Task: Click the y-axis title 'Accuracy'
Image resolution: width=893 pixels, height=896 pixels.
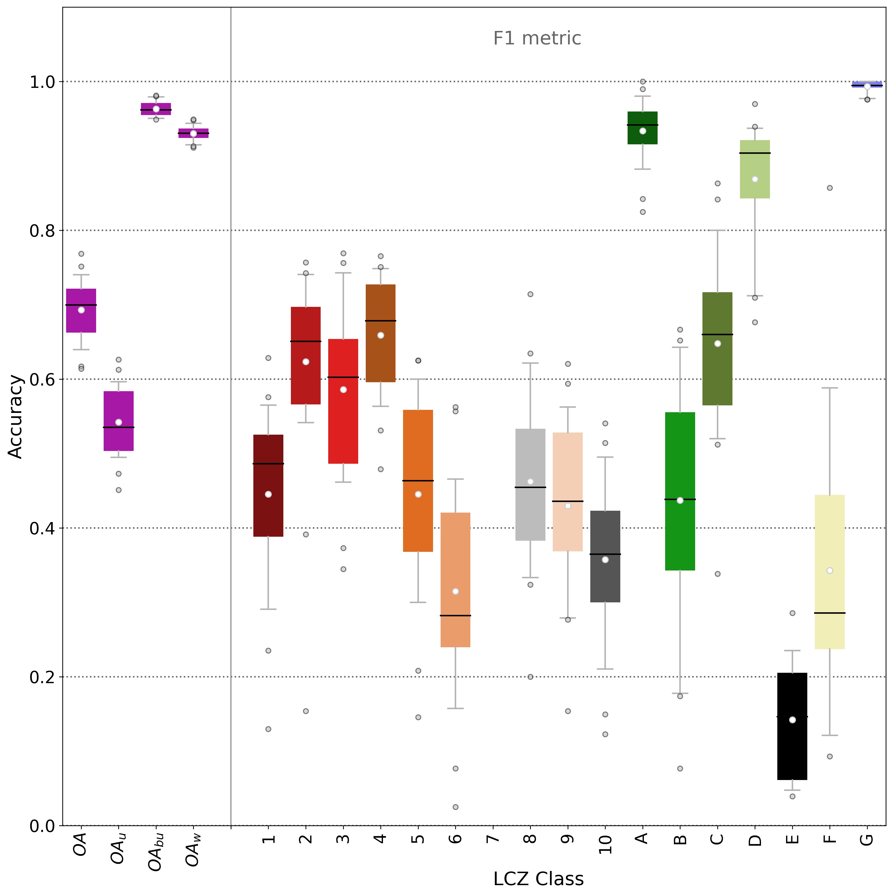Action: [x=16, y=416]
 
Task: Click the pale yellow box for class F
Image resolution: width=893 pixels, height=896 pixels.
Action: [x=830, y=572]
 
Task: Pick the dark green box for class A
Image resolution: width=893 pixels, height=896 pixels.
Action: [x=643, y=128]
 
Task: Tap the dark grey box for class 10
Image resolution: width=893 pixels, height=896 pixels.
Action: [x=605, y=557]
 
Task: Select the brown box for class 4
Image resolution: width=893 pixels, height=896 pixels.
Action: [x=381, y=333]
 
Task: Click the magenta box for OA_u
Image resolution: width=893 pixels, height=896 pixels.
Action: [x=119, y=421]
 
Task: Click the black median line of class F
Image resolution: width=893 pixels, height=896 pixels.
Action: [x=830, y=613]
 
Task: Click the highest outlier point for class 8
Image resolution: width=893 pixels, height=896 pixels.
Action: [x=530, y=294]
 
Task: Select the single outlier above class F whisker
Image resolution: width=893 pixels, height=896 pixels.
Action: [x=830, y=188]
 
